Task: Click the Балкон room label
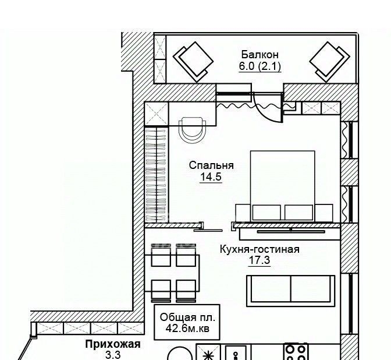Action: tap(260, 54)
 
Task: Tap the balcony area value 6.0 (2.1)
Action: tap(260, 66)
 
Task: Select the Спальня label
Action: tap(211, 165)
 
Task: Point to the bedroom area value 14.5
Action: tap(211, 177)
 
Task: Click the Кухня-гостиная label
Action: tap(260, 249)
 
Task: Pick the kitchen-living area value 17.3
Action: tap(260, 260)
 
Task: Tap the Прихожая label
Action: tap(113, 344)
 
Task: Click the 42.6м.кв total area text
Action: tap(187, 329)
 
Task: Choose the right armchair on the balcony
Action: tap(330, 62)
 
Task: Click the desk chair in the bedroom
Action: tap(193, 130)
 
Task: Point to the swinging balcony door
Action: tap(268, 107)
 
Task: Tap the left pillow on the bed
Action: tap(266, 213)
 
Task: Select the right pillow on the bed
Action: tap(298, 213)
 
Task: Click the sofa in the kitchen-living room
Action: tap(291, 291)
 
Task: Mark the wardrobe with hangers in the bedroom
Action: tap(155, 174)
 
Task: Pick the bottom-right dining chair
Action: tap(186, 290)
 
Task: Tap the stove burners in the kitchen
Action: tap(296, 352)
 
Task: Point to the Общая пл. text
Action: tap(187, 317)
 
